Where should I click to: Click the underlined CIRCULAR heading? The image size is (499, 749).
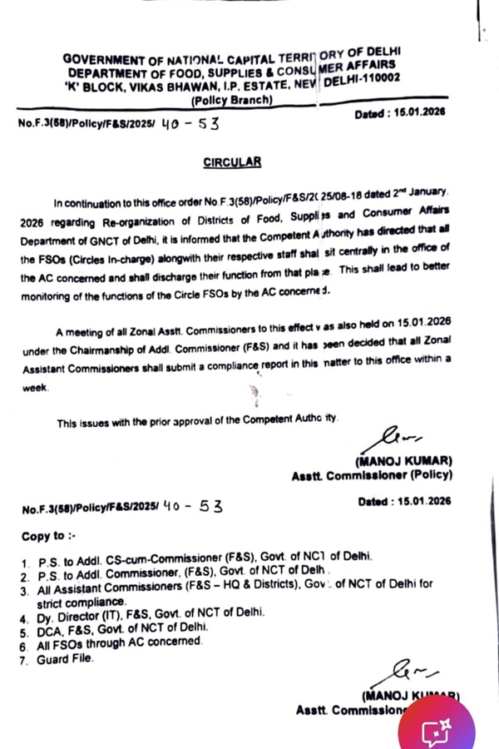point(232,163)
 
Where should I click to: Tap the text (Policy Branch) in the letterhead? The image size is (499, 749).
point(231,100)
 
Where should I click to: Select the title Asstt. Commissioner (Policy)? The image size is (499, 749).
point(372,476)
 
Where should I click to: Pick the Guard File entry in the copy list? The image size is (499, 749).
point(65,660)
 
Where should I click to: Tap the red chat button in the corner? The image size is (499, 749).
point(437,730)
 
